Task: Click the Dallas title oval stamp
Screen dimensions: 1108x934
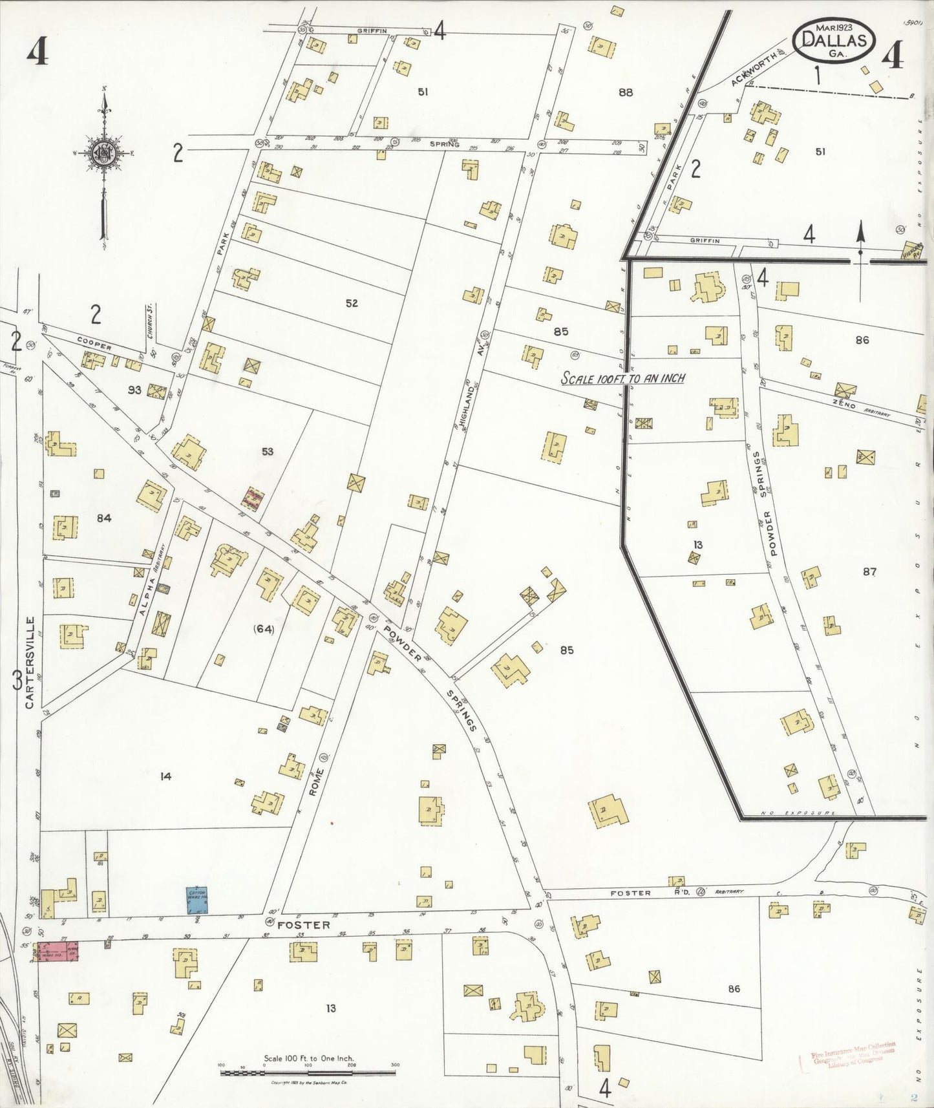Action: [x=834, y=40]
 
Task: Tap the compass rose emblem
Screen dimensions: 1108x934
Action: [x=103, y=153]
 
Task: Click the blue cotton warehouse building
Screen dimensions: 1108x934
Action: [x=197, y=900]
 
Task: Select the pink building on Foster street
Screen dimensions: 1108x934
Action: [x=58, y=952]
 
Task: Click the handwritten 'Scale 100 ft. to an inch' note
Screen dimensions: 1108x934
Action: [x=622, y=378]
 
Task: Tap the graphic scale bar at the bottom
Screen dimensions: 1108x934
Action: [x=308, y=1072]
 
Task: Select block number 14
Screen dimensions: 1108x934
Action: [x=166, y=776]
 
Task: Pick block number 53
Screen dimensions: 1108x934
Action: [x=268, y=451]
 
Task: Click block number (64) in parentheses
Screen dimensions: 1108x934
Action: [x=264, y=628]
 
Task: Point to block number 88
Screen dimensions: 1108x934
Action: [x=625, y=92]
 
